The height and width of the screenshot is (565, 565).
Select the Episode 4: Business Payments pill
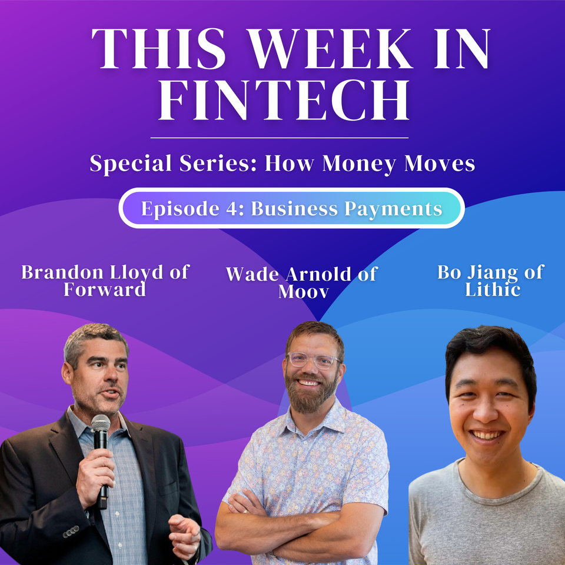291,208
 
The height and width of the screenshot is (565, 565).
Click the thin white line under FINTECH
280,138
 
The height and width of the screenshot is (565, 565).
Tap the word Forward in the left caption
105,290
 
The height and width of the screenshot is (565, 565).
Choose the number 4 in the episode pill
231,209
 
